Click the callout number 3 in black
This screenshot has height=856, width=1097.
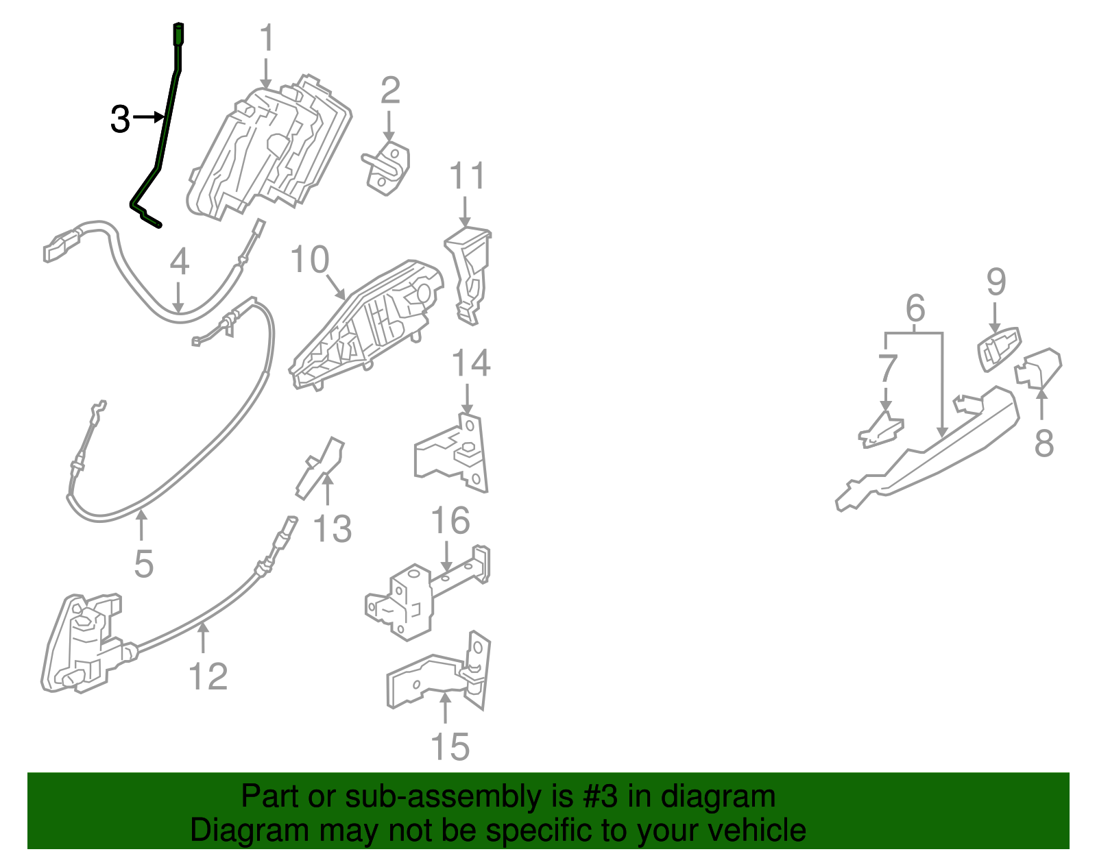tap(120, 119)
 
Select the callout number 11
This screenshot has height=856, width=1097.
tap(467, 175)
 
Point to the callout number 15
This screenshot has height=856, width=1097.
tap(450, 746)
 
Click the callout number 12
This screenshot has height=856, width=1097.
tap(208, 676)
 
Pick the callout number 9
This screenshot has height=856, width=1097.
tap(996, 282)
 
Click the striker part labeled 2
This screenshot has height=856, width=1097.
tap(387, 168)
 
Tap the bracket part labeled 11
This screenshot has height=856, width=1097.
tap(468, 276)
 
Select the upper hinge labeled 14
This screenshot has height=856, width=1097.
tap(451, 452)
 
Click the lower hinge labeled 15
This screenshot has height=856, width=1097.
tap(438, 671)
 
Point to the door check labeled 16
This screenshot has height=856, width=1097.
tap(427, 594)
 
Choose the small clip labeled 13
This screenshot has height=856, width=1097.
tap(320, 469)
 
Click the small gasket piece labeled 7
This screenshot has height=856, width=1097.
tap(881, 430)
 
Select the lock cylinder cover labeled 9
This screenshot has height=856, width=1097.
tap(1000, 349)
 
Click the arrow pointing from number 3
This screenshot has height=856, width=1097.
tap(148, 117)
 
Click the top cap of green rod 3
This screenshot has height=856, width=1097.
tap(178, 34)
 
